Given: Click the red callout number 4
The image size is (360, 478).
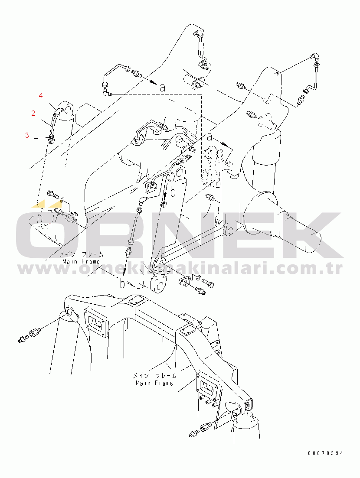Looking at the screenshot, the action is coord(41,95).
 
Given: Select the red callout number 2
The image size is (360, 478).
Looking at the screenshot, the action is coord(33,113).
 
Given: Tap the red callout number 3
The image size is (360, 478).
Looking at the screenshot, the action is coord(27,135).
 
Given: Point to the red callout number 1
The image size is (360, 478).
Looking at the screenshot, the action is coord(51,225).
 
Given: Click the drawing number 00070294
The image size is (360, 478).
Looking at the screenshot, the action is coord(326,453).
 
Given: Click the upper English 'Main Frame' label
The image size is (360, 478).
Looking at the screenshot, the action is coord(81,261).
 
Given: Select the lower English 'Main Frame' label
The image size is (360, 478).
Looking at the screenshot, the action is coord(154,383).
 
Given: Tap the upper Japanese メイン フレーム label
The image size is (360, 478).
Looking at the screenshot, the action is coord(81,254).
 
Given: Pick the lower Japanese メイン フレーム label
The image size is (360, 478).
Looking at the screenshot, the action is coord(154,376).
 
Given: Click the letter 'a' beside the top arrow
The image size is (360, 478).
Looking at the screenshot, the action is coord(163,88).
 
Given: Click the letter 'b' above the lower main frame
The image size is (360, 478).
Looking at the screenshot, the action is coord(122,283).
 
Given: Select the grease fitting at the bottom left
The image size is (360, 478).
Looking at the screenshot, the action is coord(23,338).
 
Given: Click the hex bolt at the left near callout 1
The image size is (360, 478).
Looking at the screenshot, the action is coord(53,194).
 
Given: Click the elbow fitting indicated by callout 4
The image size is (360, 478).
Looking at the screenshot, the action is coord(59,111).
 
